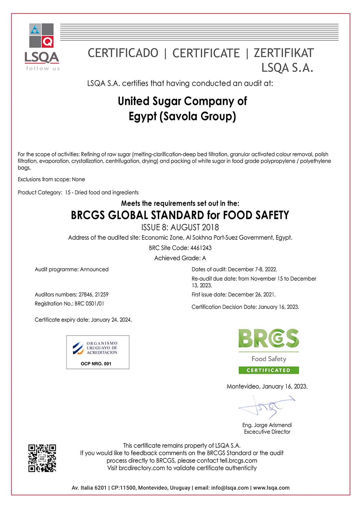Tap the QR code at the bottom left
coord(42,458)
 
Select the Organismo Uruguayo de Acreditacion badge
coord(98,352)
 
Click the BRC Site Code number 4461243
coord(201,248)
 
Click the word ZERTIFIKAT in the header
coord(284,53)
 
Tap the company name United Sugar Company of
coord(182,101)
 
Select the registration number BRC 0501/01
coord(89,304)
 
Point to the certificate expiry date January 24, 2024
coord(111,320)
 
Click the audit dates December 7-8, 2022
coord(252,269)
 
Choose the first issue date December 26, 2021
coord(252,295)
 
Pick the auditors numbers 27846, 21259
coord(93,295)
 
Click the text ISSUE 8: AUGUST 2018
coord(180,227)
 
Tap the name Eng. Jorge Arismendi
coord(267,425)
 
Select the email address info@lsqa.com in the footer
coord(230,488)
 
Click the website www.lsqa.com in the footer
coord(271,488)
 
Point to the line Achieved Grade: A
coord(180,258)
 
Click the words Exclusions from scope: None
coord(51,179)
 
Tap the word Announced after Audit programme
coord(94,269)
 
